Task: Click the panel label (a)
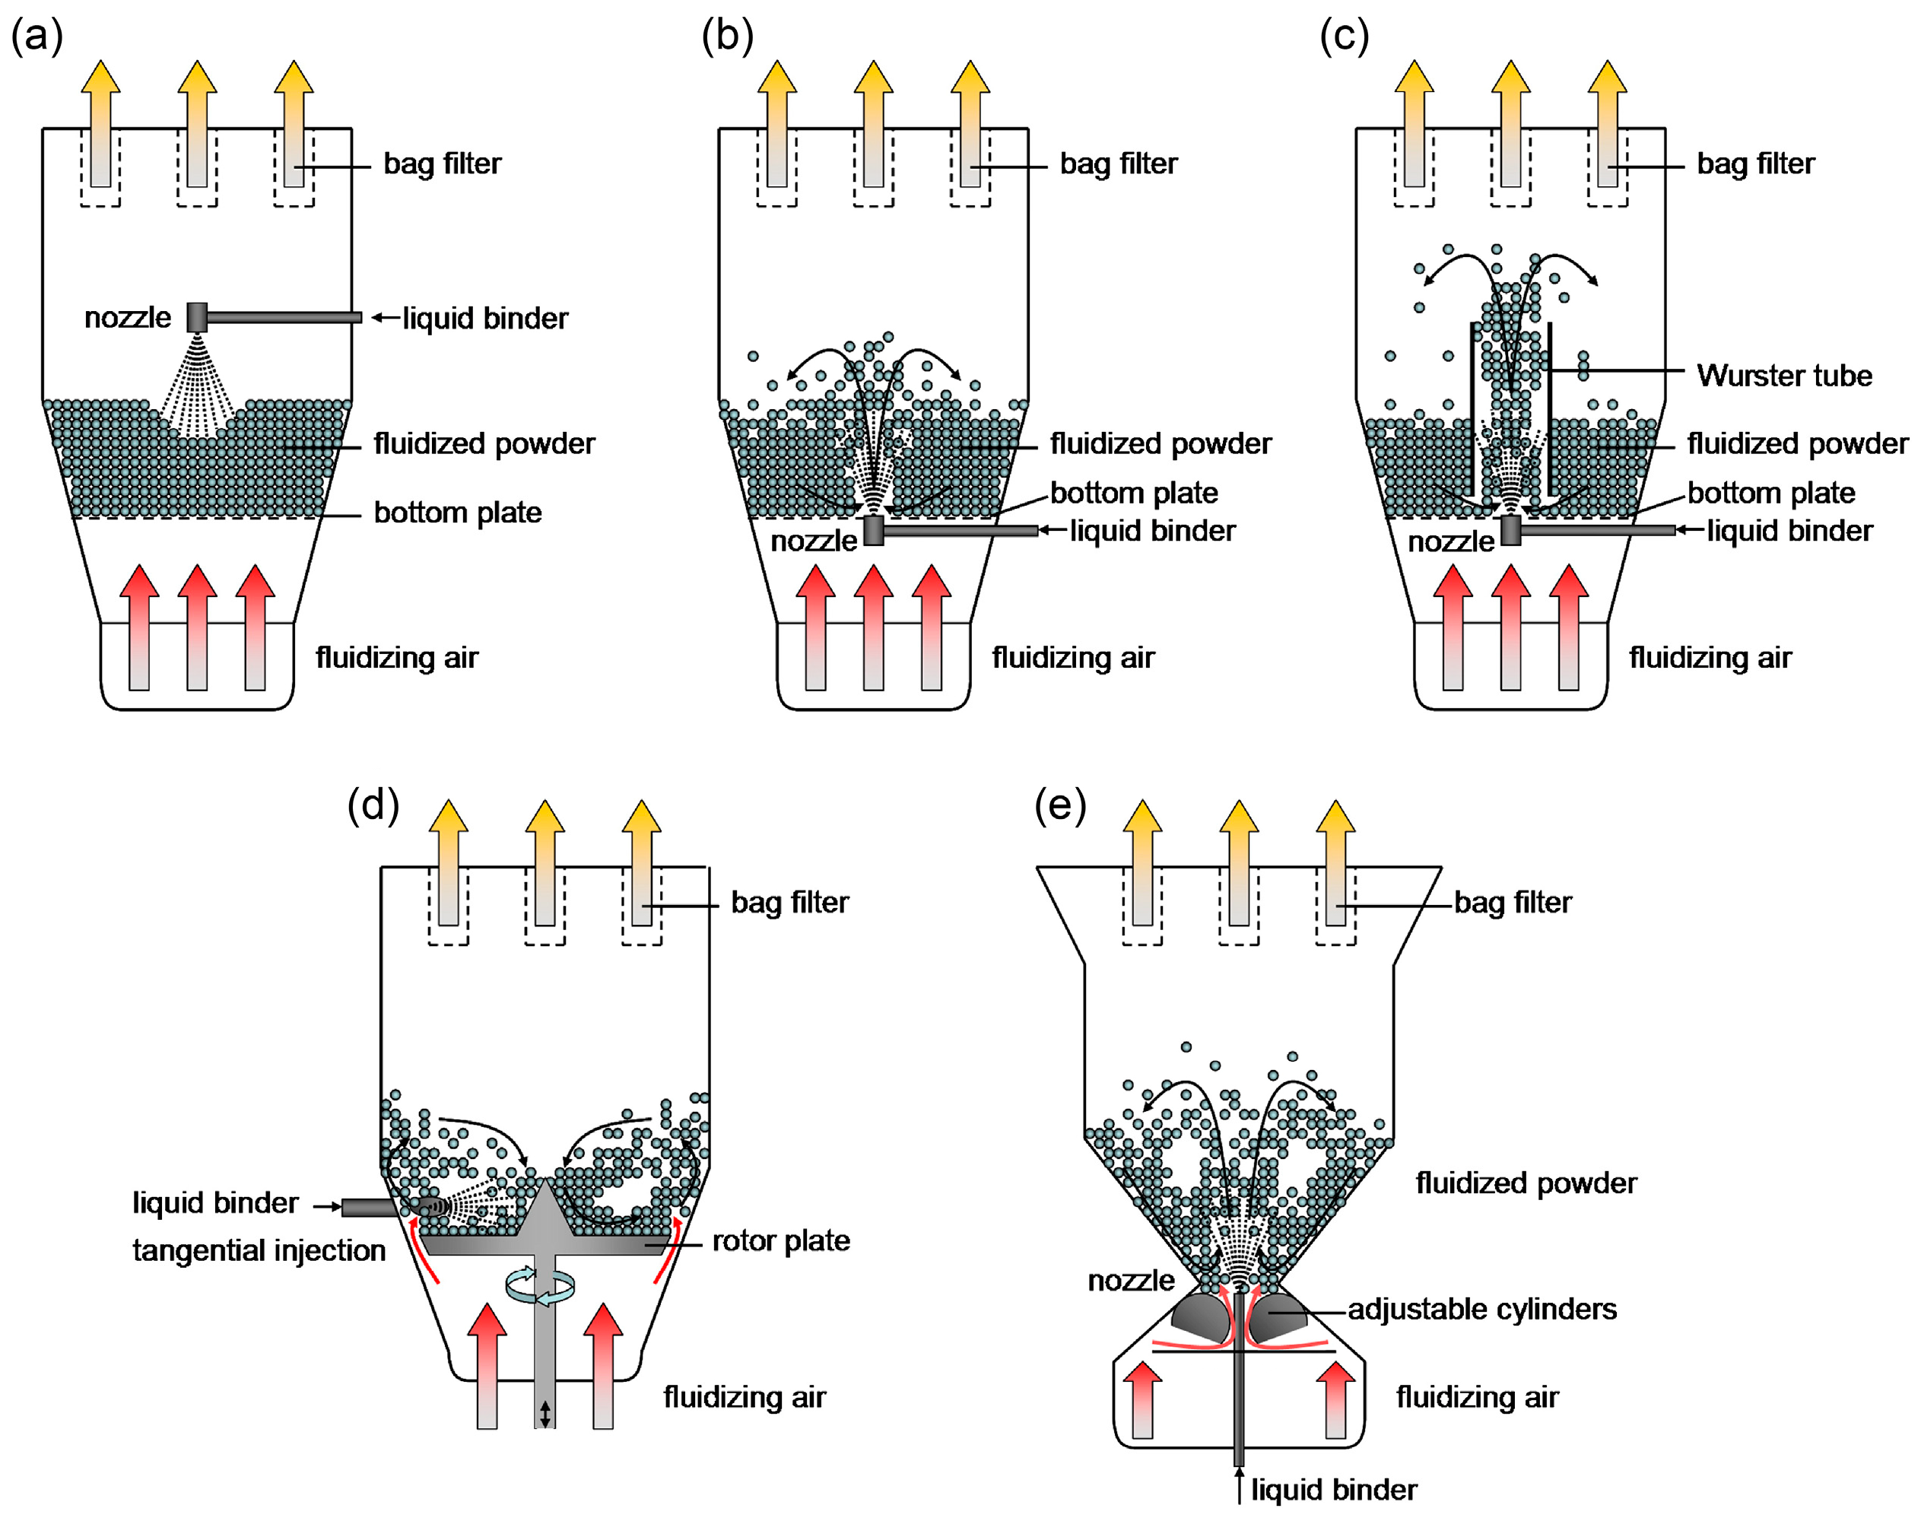(x=37, y=37)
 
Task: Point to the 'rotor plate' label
(x=780, y=1240)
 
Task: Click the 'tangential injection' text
(x=259, y=1250)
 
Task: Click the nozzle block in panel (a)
(x=197, y=317)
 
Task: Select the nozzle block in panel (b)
(x=874, y=530)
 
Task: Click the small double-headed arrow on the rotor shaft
(x=545, y=1413)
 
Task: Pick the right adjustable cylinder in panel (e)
(x=1275, y=1319)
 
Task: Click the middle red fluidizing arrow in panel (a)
(x=197, y=628)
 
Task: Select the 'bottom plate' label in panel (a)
(x=457, y=513)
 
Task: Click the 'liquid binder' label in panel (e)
(x=1333, y=1490)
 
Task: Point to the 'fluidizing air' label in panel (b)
(x=1072, y=658)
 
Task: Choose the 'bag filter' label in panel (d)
(x=789, y=902)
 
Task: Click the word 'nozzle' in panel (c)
(x=1450, y=541)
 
